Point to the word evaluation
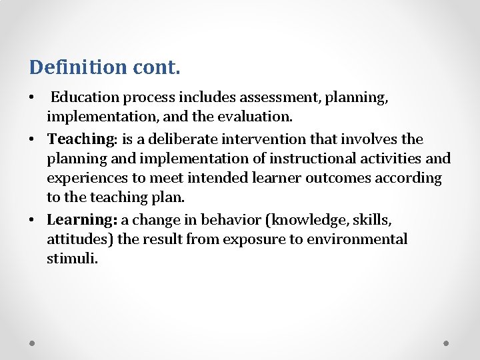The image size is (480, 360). tap(257, 117)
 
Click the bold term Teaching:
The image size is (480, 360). tap(82, 139)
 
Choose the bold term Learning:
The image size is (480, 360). tap(82, 219)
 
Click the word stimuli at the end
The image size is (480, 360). tap(72, 258)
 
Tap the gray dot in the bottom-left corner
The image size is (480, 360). tap(33, 343)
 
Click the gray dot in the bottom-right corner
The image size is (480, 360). tap(446, 343)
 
